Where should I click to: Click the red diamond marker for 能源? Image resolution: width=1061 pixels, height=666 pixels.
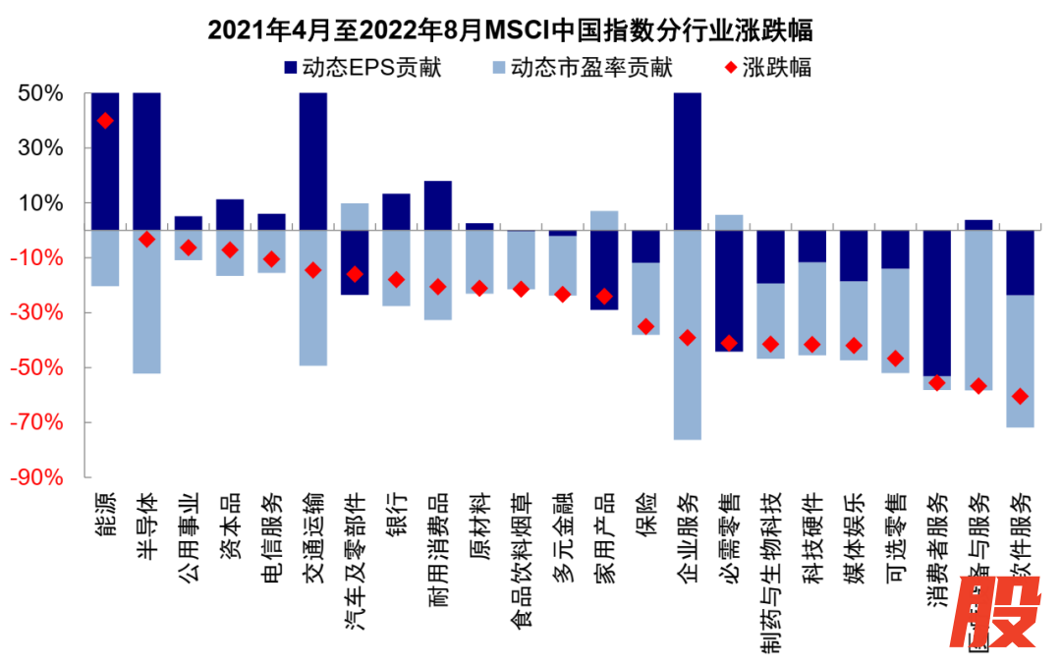tap(105, 121)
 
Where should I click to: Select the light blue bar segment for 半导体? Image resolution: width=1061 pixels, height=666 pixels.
tap(146, 305)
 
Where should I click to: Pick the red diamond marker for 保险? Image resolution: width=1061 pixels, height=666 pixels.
tap(645, 326)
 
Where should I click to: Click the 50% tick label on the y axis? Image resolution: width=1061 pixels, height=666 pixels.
tap(41, 93)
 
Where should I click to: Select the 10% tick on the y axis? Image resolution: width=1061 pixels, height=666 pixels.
tap(41, 203)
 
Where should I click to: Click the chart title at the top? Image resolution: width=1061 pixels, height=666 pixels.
tap(510, 29)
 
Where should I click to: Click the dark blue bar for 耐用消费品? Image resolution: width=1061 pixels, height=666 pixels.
tap(437, 205)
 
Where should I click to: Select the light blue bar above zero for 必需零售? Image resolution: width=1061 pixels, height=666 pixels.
tap(729, 222)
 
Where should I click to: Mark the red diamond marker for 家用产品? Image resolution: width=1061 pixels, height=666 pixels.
tap(604, 296)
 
